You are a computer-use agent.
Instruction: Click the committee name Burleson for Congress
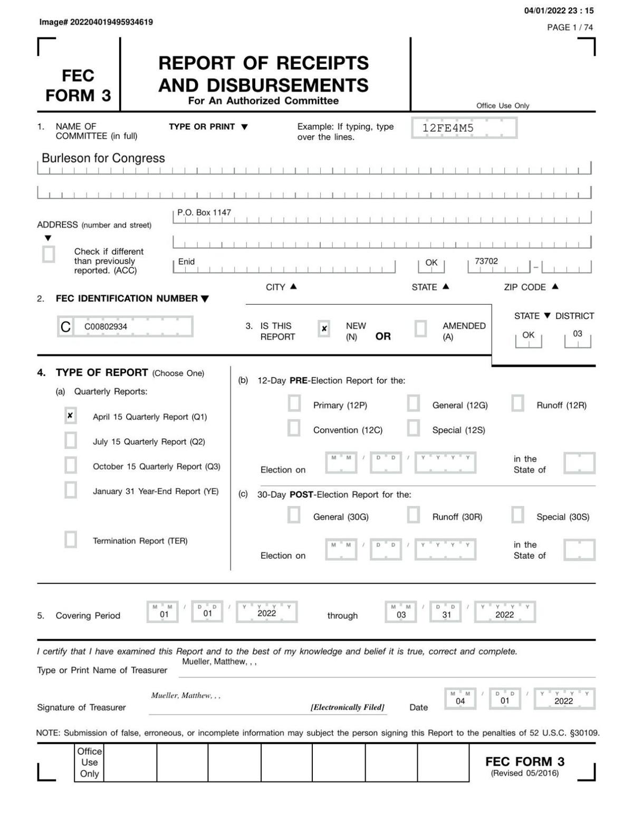103,158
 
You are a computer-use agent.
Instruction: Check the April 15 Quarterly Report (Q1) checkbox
70,416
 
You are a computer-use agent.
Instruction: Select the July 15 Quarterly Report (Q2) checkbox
70,440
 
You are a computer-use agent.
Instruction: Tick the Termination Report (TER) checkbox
70,540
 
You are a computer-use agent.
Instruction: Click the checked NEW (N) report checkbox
324,329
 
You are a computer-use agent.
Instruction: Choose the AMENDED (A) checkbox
420,329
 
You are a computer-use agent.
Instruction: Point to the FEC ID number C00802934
105,327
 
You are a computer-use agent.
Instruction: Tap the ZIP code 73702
486,261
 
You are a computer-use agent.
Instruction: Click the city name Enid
186,261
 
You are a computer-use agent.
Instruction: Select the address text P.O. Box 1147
204,212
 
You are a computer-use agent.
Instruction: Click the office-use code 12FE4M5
448,128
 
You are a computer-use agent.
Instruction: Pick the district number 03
578,334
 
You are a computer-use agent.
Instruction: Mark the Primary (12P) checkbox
294,404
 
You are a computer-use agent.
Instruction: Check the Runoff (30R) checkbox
414,515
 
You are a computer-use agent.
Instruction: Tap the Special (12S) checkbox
414,428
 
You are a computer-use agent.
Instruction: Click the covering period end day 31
447,614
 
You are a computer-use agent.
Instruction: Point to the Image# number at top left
96,22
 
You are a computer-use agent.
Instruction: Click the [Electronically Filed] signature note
347,707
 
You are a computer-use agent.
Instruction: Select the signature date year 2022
563,701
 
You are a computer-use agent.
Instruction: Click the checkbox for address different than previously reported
49,254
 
